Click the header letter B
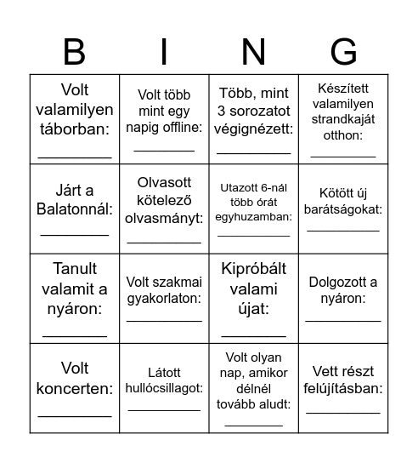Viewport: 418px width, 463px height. (x=75, y=52)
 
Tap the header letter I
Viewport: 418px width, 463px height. (x=164, y=52)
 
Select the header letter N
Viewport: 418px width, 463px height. (x=253, y=52)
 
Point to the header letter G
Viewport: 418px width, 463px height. (x=343, y=52)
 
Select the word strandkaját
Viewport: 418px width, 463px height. (x=343, y=119)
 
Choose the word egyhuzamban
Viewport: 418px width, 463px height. (x=254, y=217)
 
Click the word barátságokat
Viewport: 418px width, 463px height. (x=343, y=209)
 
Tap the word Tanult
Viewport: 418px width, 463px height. (x=75, y=269)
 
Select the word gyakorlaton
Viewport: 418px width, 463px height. (x=164, y=299)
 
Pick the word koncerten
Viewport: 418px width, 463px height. (x=75, y=390)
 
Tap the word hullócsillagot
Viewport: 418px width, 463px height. (x=164, y=387)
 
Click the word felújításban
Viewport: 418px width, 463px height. (x=343, y=388)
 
